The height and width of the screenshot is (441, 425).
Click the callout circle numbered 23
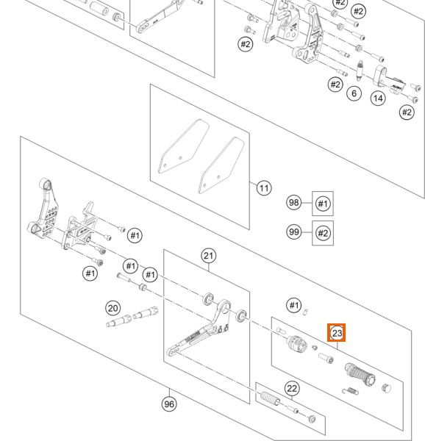pos(337,333)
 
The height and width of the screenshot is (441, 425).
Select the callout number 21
pos(208,256)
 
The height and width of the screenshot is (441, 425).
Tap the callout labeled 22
pos(292,388)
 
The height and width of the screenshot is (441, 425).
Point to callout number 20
pos(113,308)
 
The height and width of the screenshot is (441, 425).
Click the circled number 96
pos(169,404)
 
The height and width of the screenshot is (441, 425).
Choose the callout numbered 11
pos(264,188)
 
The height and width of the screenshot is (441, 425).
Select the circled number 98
pos(293,203)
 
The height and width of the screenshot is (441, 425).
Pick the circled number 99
pos(293,232)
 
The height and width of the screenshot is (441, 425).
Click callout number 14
pos(378,98)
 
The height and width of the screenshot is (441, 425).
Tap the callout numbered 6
pos(354,93)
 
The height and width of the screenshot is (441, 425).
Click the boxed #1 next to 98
pos(323,204)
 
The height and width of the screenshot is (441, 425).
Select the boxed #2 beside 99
pos(323,233)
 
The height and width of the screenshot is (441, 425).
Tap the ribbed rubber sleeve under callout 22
pos(270,399)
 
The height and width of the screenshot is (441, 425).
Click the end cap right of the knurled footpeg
pos(387,388)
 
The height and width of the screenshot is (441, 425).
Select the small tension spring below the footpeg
pos(351,391)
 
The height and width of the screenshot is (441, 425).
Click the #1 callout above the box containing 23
pos(293,305)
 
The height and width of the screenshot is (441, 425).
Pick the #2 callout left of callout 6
pos(335,85)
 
